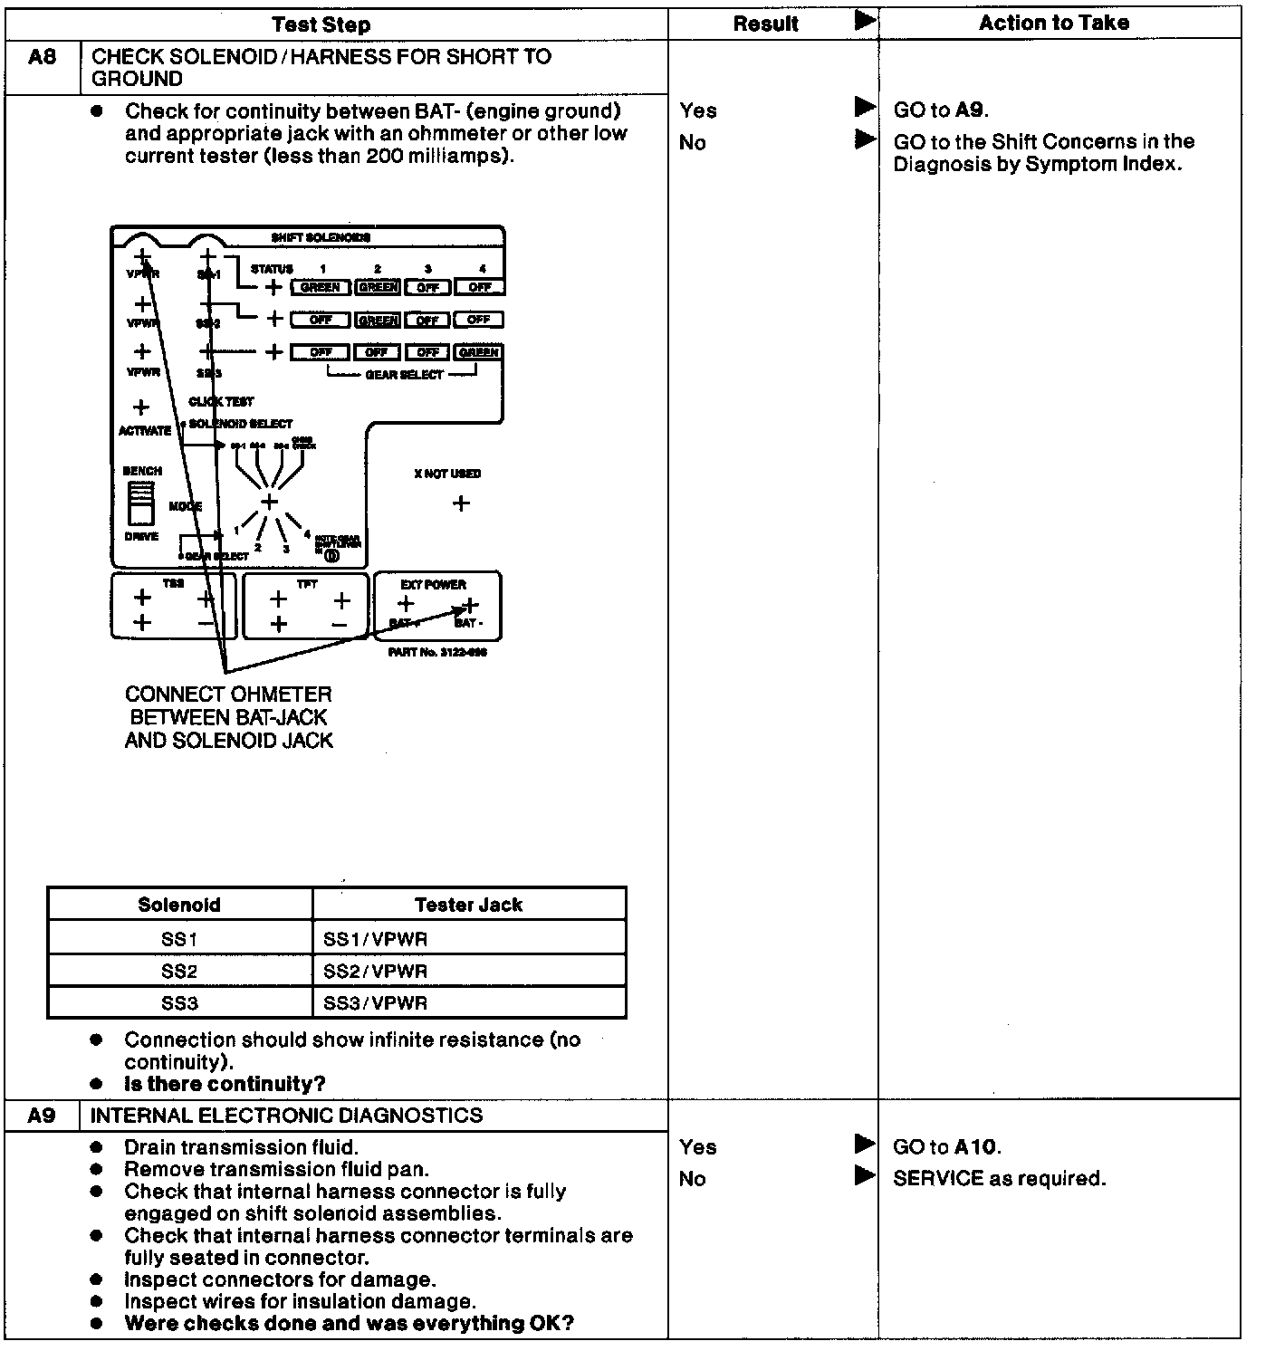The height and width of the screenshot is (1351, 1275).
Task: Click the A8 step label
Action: pos(42,57)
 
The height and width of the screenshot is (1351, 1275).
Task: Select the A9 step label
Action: pos(42,1116)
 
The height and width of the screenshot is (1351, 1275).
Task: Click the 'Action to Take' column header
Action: pos(1053,23)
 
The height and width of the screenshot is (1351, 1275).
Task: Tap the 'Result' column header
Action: pos(765,24)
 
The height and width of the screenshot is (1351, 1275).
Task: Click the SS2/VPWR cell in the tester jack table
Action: pos(375,971)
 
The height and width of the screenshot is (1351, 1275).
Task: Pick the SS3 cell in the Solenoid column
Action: pos(179,1003)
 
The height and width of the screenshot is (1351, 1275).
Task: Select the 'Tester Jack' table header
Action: pos(468,905)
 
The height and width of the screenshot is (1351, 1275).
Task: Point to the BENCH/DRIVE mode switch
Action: pos(140,503)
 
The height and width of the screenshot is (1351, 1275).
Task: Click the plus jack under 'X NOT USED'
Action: pos(461,503)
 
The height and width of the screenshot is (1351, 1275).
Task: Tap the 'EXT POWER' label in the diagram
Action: pos(433,585)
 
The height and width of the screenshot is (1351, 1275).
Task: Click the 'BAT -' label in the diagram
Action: pos(469,623)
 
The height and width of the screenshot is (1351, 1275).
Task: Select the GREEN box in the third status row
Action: pos(479,352)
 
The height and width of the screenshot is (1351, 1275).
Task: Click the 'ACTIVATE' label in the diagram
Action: pos(145,431)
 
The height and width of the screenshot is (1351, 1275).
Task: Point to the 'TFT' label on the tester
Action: pos(307,585)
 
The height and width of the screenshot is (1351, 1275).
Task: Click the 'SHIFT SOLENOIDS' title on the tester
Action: pos(321,237)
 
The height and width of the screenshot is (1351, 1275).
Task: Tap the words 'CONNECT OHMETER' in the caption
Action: pos(228,695)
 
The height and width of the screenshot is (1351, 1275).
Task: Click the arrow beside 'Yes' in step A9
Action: pos(865,1145)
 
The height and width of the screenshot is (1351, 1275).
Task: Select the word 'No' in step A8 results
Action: pos(692,142)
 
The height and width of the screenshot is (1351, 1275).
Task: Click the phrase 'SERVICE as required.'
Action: pos(999,1179)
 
